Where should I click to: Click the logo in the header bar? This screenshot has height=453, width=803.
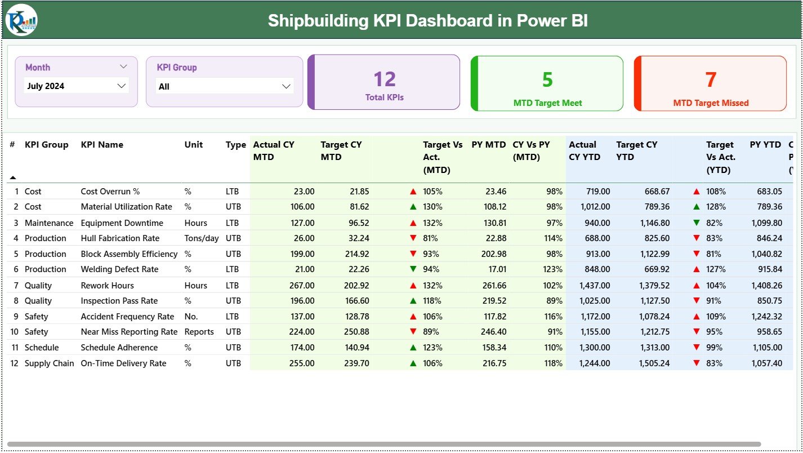(x=21, y=20)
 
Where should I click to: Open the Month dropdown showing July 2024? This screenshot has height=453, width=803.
(x=77, y=86)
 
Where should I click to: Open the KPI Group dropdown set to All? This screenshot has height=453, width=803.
(x=224, y=86)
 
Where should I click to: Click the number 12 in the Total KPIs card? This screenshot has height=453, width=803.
(x=385, y=79)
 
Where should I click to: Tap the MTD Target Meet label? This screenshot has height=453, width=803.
(x=547, y=103)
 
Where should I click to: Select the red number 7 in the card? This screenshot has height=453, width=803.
(x=711, y=80)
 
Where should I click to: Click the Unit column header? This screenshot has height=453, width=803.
(x=193, y=145)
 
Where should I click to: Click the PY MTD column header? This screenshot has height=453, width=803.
(x=488, y=145)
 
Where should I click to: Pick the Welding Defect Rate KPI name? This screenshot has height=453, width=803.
(x=119, y=269)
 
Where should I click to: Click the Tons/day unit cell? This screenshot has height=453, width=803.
(x=202, y=238)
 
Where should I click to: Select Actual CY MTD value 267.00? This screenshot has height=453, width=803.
(x=301, y=286)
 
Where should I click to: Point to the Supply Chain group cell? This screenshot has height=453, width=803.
(x=49, y=363)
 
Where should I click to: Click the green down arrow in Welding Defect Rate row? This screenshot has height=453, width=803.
(x=413, y=269)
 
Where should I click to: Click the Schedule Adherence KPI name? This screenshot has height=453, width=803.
(x=119, y=348)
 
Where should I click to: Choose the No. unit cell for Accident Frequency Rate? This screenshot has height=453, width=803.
(x=191, y=317)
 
